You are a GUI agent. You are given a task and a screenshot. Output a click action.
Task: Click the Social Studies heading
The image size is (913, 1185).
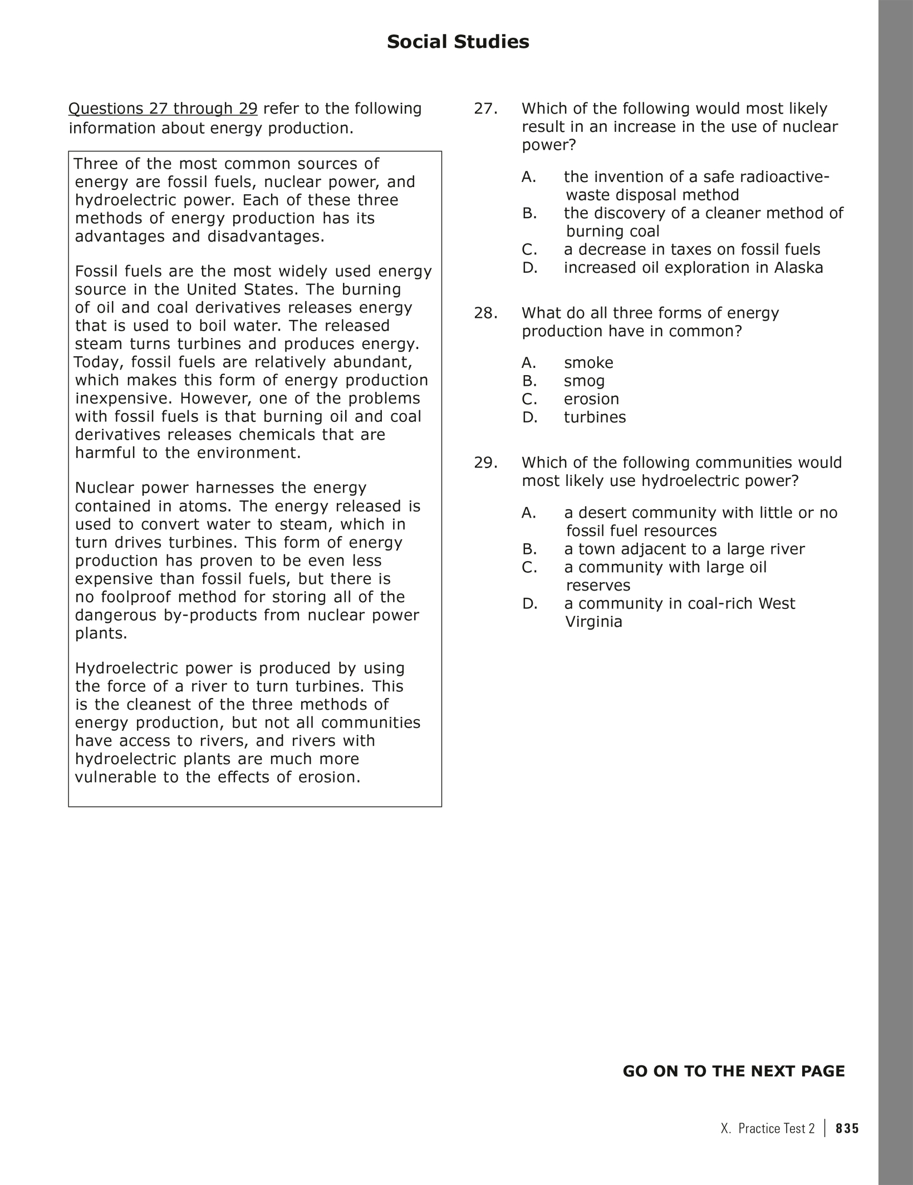pos(458,42)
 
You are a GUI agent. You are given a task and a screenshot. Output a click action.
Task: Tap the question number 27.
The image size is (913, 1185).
pos(485,109)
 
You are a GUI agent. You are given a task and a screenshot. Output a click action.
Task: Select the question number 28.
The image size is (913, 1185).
pos(485,313)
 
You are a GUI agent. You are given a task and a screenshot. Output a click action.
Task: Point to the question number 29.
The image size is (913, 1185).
pos(485,463)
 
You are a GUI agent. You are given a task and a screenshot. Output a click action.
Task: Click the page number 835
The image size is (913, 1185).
pos(847,1128)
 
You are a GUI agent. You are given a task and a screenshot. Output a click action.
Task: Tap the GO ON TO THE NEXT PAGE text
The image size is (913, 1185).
pos(733,1071)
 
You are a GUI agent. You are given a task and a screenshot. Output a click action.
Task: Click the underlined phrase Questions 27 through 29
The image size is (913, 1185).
pos(163,109)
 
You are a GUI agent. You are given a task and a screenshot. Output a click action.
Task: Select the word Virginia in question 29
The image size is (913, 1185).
pos(593,622)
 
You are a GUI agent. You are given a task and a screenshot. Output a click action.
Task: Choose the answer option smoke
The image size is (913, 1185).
pos(588,363)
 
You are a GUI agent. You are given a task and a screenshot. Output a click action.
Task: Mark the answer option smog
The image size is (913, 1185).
pos(584,381)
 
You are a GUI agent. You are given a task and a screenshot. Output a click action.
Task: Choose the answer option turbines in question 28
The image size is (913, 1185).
pos(595,417)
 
